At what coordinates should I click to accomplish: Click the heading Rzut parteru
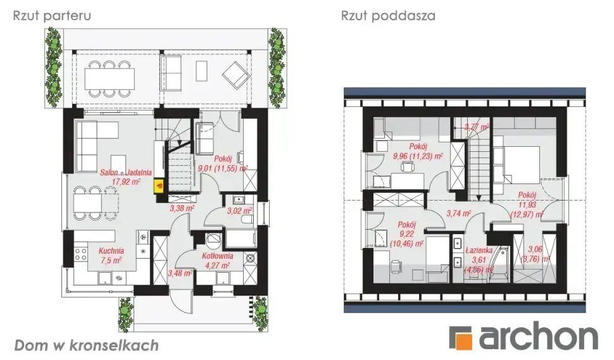click(x=52, y=16)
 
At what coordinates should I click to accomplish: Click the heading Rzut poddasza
click(x=388, y=16)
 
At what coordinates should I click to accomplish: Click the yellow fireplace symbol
click(x=160, y=185)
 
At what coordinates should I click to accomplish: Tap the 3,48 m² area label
click(x=180, y=273)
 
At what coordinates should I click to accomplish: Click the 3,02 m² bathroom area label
click(x=240, y=211)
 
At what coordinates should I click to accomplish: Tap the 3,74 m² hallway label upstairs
click(x=459, y=214)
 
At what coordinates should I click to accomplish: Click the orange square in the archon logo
click(x=461, y=338)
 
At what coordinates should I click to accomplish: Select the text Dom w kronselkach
click(x=86, y=345)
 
